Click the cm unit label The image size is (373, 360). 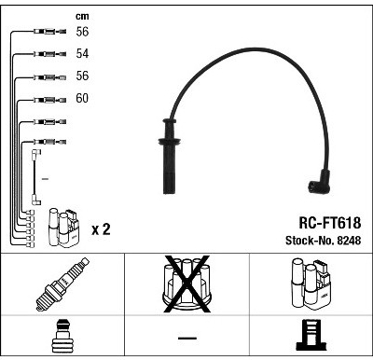click(82, 16)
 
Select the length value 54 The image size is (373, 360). click(82, 53)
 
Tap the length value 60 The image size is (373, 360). click(82, 98)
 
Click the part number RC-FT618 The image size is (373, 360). click(330, 223)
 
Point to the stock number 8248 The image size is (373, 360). click(348, 241)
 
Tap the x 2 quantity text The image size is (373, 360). click(101, 229)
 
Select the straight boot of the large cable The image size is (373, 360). click(170, 157)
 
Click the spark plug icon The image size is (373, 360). click(62, 284)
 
